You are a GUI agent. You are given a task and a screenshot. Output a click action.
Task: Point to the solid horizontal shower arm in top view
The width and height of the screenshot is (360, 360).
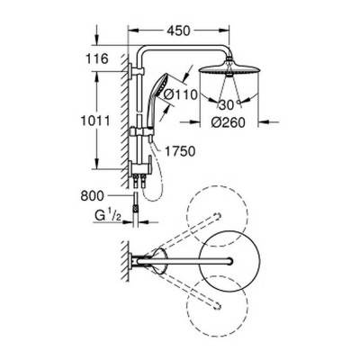point(193,262)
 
